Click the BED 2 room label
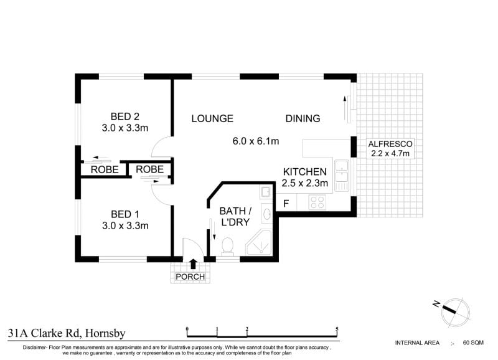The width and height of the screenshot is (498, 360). coord(125,116)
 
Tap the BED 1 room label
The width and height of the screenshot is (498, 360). coord(125,214)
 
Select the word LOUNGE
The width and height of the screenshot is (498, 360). coord(212,118)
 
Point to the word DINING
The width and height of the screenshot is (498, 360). coord(303,118)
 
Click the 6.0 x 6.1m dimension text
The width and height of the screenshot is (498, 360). coord(256,141)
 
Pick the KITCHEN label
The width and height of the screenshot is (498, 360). coord(304,172)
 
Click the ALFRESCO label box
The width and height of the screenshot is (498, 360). coord(390,148)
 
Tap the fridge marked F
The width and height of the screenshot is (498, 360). coord(286,202)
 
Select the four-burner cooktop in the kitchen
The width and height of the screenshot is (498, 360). coord(317,202)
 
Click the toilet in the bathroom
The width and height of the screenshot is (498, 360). coord(227,247)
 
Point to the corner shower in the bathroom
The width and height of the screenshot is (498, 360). coord(259,243)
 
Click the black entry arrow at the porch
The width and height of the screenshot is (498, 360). coord(193,264)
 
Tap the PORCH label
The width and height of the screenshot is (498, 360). coord(190,277)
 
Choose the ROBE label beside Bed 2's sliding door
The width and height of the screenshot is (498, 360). coord(105,169)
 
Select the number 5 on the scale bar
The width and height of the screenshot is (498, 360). coord(337,329)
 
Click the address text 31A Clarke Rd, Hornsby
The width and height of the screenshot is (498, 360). coord(67,333)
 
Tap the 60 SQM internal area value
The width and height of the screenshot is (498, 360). coord(473,343)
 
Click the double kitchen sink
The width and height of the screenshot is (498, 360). coord(342,176)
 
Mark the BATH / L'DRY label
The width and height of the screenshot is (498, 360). coord(235,216)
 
